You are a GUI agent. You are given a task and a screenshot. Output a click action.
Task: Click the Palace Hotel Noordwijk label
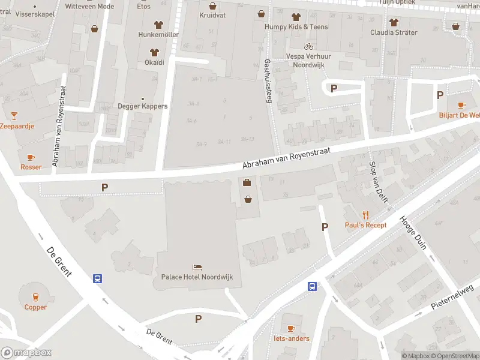click(x=196, y=277)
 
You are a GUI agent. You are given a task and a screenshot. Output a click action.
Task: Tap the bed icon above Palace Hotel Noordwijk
click(x=197, y=267)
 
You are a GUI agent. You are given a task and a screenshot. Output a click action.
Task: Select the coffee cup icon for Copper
click(x=35, y=296)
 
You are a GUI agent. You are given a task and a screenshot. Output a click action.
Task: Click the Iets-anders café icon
click(x=291, y=328)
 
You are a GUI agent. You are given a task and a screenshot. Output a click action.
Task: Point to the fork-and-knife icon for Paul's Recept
click(x=365, y=214)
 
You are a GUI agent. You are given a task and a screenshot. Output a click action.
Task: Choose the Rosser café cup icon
click(x=31, y=157)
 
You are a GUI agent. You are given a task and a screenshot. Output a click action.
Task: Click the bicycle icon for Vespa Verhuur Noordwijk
click(x=308, y=46)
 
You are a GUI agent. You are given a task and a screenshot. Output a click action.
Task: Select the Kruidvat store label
click(x=212, y=15)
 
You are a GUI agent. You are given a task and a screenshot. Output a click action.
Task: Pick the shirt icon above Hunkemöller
click(x=159, y=25)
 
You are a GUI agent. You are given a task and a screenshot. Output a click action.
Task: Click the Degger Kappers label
click(x=143, y=107)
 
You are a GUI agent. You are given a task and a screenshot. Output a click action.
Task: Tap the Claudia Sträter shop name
click(x=394, y=32)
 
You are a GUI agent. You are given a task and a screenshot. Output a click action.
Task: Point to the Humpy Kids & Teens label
click(x=296, y=27)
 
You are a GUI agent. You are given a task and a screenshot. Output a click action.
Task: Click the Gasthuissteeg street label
click(x=268, y=80)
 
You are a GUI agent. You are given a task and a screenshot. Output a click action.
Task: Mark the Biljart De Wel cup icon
click(x=461, y=105)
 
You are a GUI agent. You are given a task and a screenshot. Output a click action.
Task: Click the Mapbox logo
click(x=26, y=353)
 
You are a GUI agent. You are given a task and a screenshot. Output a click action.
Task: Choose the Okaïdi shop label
click(x=154, y=62)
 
